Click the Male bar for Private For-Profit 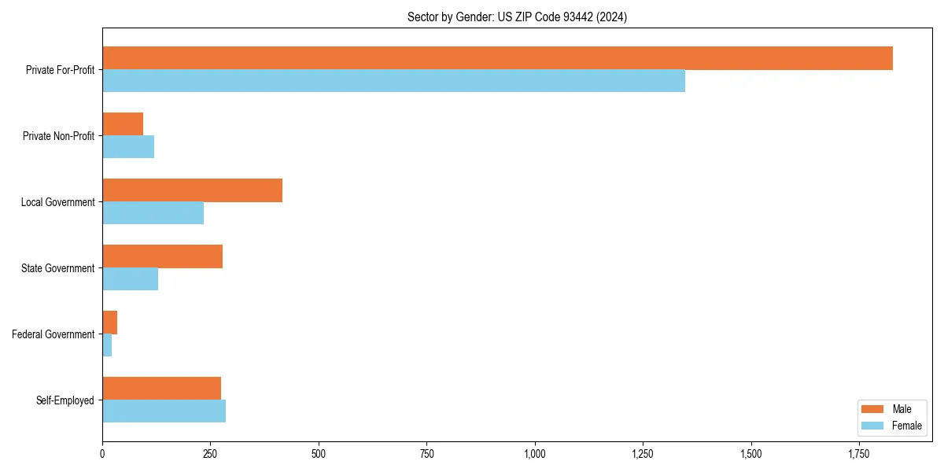pos(497,58)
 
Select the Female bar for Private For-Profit pos(393,81)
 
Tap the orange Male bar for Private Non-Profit pos(123,124)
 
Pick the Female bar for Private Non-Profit pos(128,147)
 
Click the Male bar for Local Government pos(192,190)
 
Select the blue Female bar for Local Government pos(153,213)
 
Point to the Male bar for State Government pos(162,256)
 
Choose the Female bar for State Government pos(130,279)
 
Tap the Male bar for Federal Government pos(110,323)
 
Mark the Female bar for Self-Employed pos(164,411)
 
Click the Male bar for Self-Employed pos(161,389)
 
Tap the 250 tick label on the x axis pos(210,454)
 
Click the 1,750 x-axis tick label pos(859,454)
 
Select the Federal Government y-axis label pos(53,334)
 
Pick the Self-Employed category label pos(65,400)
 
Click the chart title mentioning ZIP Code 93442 pos(517,17)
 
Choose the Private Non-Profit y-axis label pos(58,136)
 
